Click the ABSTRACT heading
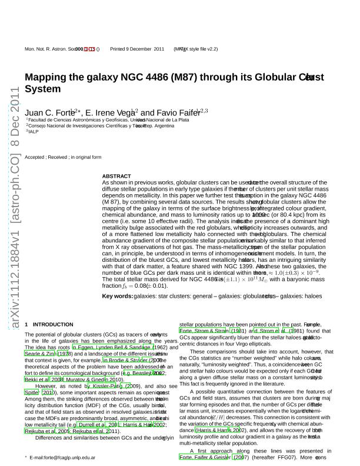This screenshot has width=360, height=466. click(116, 176)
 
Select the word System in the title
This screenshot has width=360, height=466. click(43, 89)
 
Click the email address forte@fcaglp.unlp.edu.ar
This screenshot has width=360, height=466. click(62, 457)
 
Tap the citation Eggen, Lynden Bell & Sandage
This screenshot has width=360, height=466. click(111, 348)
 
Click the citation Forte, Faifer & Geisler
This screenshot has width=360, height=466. click(206, 457)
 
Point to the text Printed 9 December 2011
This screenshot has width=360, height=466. click(138, 49)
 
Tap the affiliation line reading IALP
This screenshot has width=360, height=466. click(34, 131)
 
